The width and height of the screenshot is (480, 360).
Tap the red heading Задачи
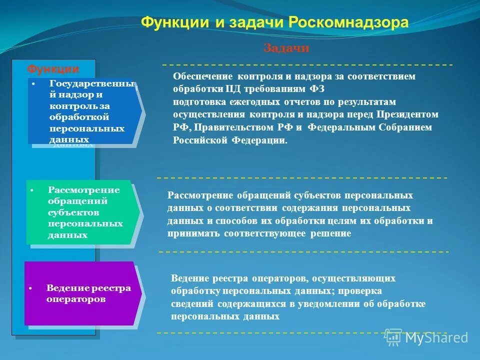286,48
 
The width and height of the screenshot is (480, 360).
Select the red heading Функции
52,68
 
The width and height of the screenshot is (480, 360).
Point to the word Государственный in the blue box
91,84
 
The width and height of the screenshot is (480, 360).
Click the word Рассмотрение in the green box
84,190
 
